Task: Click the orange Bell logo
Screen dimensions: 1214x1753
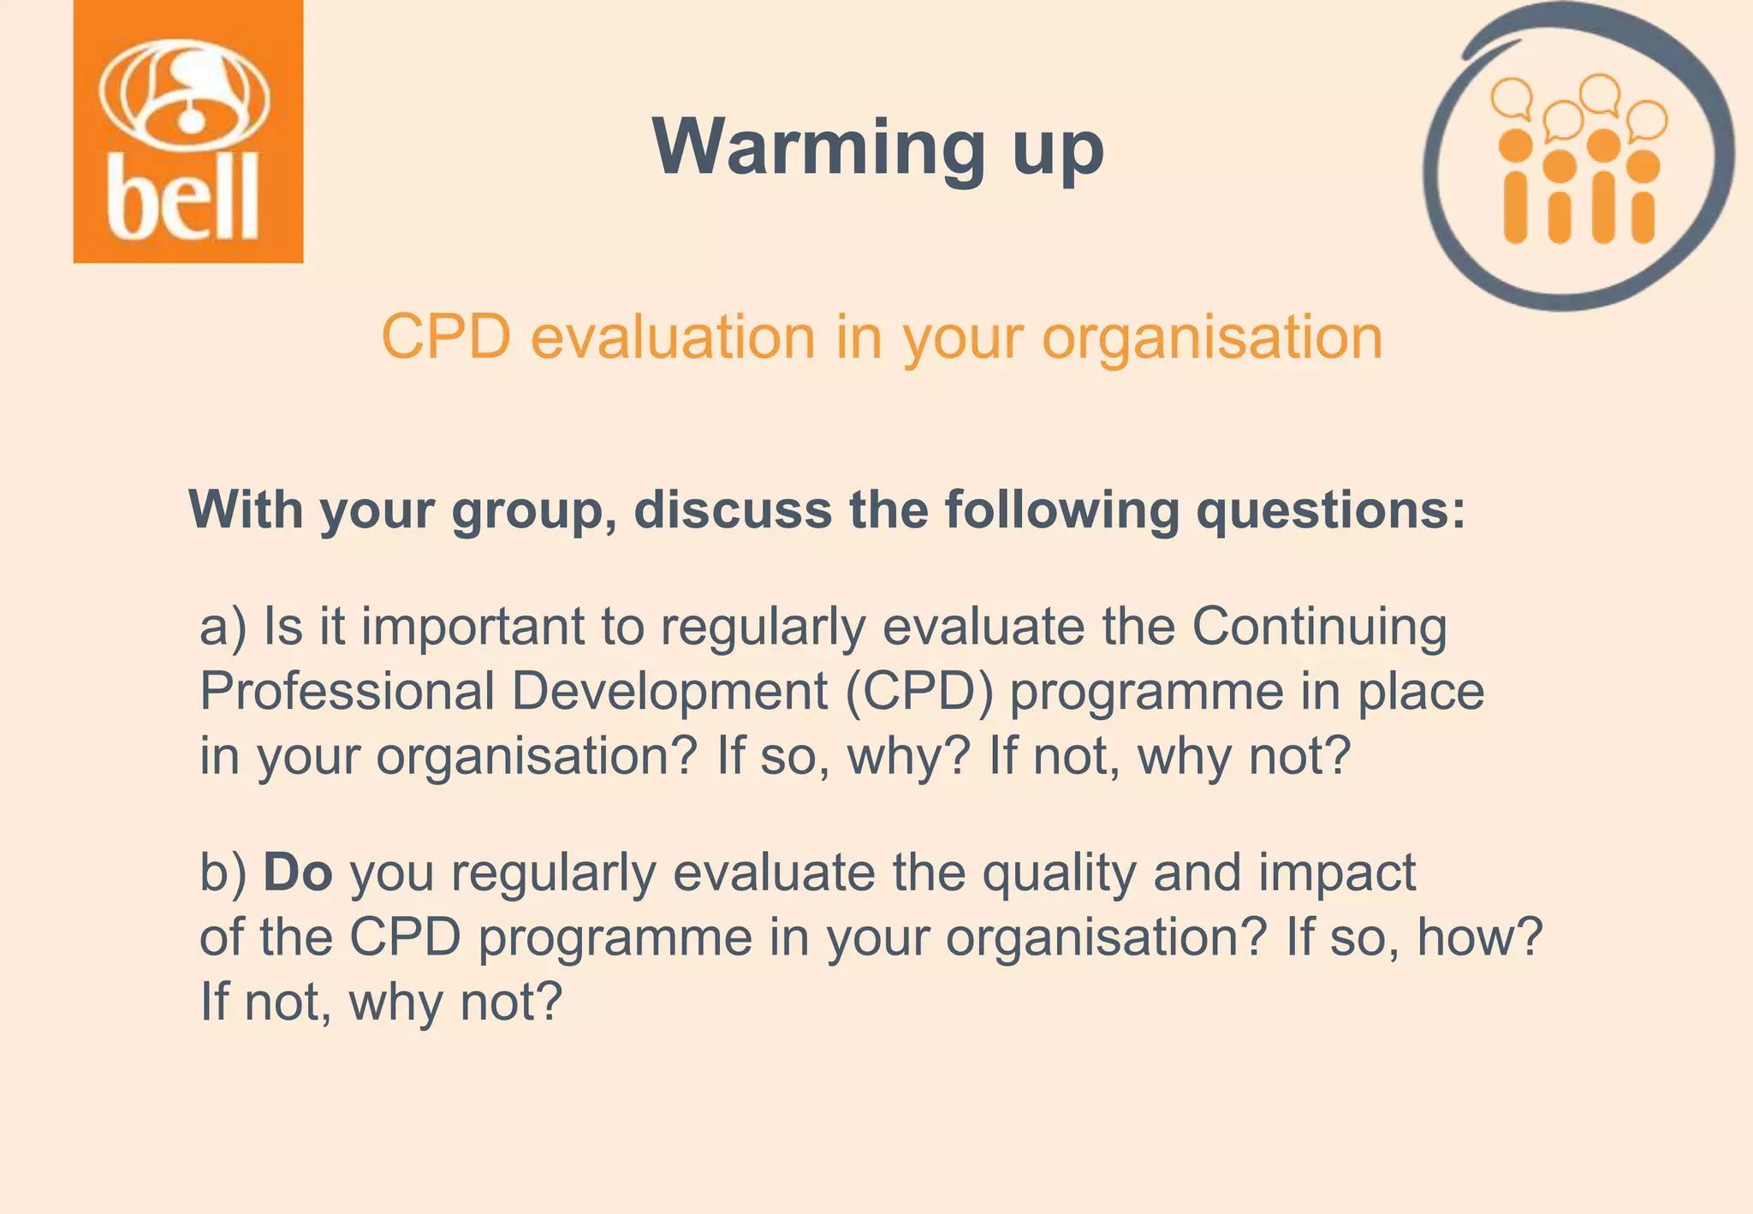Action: point(188,132)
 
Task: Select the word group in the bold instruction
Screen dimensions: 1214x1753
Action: point(528,511)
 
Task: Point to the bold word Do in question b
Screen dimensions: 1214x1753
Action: point(297,872)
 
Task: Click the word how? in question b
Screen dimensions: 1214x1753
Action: point(1480,937)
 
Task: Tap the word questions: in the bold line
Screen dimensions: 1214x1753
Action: point(1331,511)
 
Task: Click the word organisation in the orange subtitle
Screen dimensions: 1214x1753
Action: point(1212,337)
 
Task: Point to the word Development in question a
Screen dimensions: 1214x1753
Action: point(670,692)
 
